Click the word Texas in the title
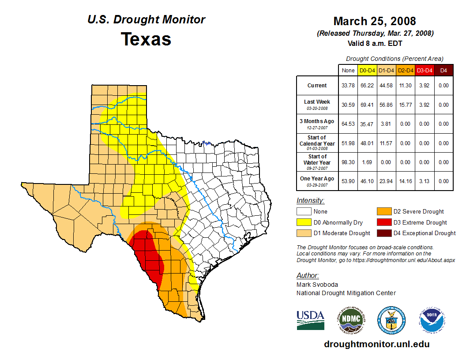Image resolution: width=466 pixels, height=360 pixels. [146, 39]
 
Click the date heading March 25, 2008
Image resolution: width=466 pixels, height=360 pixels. [374, 21]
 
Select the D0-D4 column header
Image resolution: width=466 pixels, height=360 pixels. [367, 71]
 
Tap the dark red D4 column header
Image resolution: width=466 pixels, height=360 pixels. [444, 71]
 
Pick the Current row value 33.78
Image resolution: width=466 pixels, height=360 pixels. [348, 86]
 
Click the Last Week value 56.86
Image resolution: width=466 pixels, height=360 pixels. [387, 105]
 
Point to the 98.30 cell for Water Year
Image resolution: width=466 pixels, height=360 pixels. [348, 162]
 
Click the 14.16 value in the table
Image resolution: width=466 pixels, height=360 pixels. [406, 181]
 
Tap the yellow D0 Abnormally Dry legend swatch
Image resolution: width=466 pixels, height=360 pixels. [304, 222]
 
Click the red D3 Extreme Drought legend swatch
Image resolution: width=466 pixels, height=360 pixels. [384, 222]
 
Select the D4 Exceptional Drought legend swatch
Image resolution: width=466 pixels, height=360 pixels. [384, 233]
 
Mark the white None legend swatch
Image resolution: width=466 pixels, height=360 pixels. [304, 212]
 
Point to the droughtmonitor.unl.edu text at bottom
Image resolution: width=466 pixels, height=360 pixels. [376, 344]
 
